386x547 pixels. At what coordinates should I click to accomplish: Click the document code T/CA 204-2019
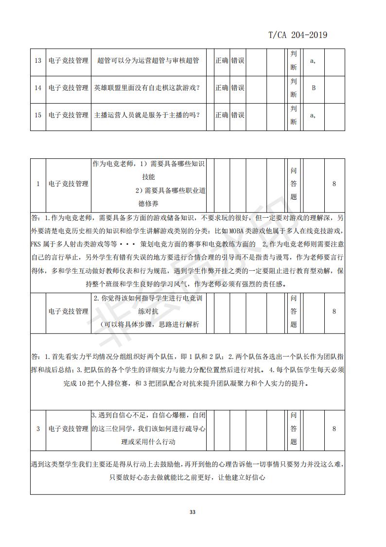coord(298,35)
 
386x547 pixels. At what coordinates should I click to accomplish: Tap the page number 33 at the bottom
coord(192,512)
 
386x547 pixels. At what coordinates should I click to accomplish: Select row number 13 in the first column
coord(38,61)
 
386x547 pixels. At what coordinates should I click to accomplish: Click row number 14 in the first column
coord(38,88)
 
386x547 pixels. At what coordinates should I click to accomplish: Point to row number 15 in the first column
coord(38,115)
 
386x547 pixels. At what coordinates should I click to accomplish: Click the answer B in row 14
coord(314,88)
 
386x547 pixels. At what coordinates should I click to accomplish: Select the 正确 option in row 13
coord(222,61)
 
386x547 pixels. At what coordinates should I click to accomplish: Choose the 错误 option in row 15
coord(238,115)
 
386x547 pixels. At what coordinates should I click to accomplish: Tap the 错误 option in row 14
coord(238,88)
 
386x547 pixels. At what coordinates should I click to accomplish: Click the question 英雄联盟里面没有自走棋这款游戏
coord(148,88)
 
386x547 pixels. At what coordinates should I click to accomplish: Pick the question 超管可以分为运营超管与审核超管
coord(148,61)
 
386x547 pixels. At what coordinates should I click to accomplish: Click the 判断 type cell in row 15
coord(293,115)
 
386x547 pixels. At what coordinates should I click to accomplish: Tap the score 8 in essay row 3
coord(334,429)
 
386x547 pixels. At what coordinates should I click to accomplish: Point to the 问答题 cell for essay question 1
coord(293,184)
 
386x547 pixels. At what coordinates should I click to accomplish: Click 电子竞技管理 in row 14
coord(69,88)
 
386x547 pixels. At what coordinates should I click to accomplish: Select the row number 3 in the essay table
coord(38,429)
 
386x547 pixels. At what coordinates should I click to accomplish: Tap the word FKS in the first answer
coord(36,243)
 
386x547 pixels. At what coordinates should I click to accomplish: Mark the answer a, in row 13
coord(314,61)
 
